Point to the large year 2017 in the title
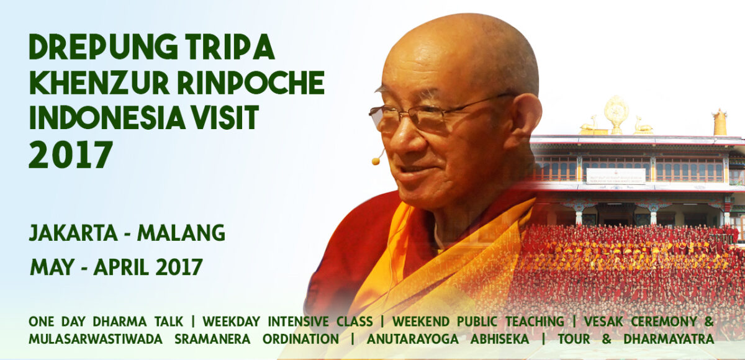70,155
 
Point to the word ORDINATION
300,340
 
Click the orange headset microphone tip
376,161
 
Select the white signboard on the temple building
615,176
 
